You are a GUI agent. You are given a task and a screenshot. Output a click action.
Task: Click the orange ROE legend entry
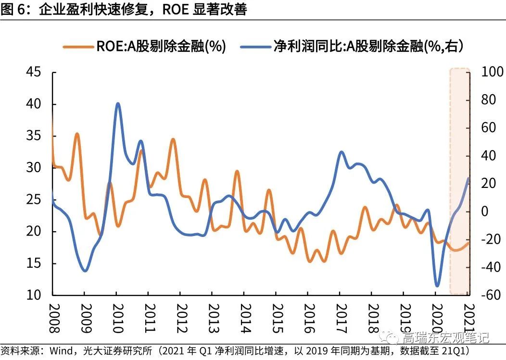(x=144, y=46)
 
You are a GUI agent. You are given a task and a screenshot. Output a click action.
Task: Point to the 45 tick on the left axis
(x=34, y=73)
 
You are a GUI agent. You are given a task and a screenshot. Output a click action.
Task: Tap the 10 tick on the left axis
(x=34, y=295)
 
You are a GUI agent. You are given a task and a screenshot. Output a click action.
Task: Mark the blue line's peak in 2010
(x=118, y=104)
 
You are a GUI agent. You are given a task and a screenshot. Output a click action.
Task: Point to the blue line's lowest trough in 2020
(x=437, y=286)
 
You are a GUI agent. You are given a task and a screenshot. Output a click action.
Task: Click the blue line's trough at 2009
(x=85, y=271)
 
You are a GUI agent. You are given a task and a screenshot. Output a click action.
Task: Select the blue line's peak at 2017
(x=341, y=152)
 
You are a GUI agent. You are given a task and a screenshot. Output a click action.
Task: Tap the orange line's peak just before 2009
(x=77, y=134)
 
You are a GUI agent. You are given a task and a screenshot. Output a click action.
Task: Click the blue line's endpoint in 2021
(x=468, y=178)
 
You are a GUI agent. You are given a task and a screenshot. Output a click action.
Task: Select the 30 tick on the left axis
(x=34, y=168)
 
